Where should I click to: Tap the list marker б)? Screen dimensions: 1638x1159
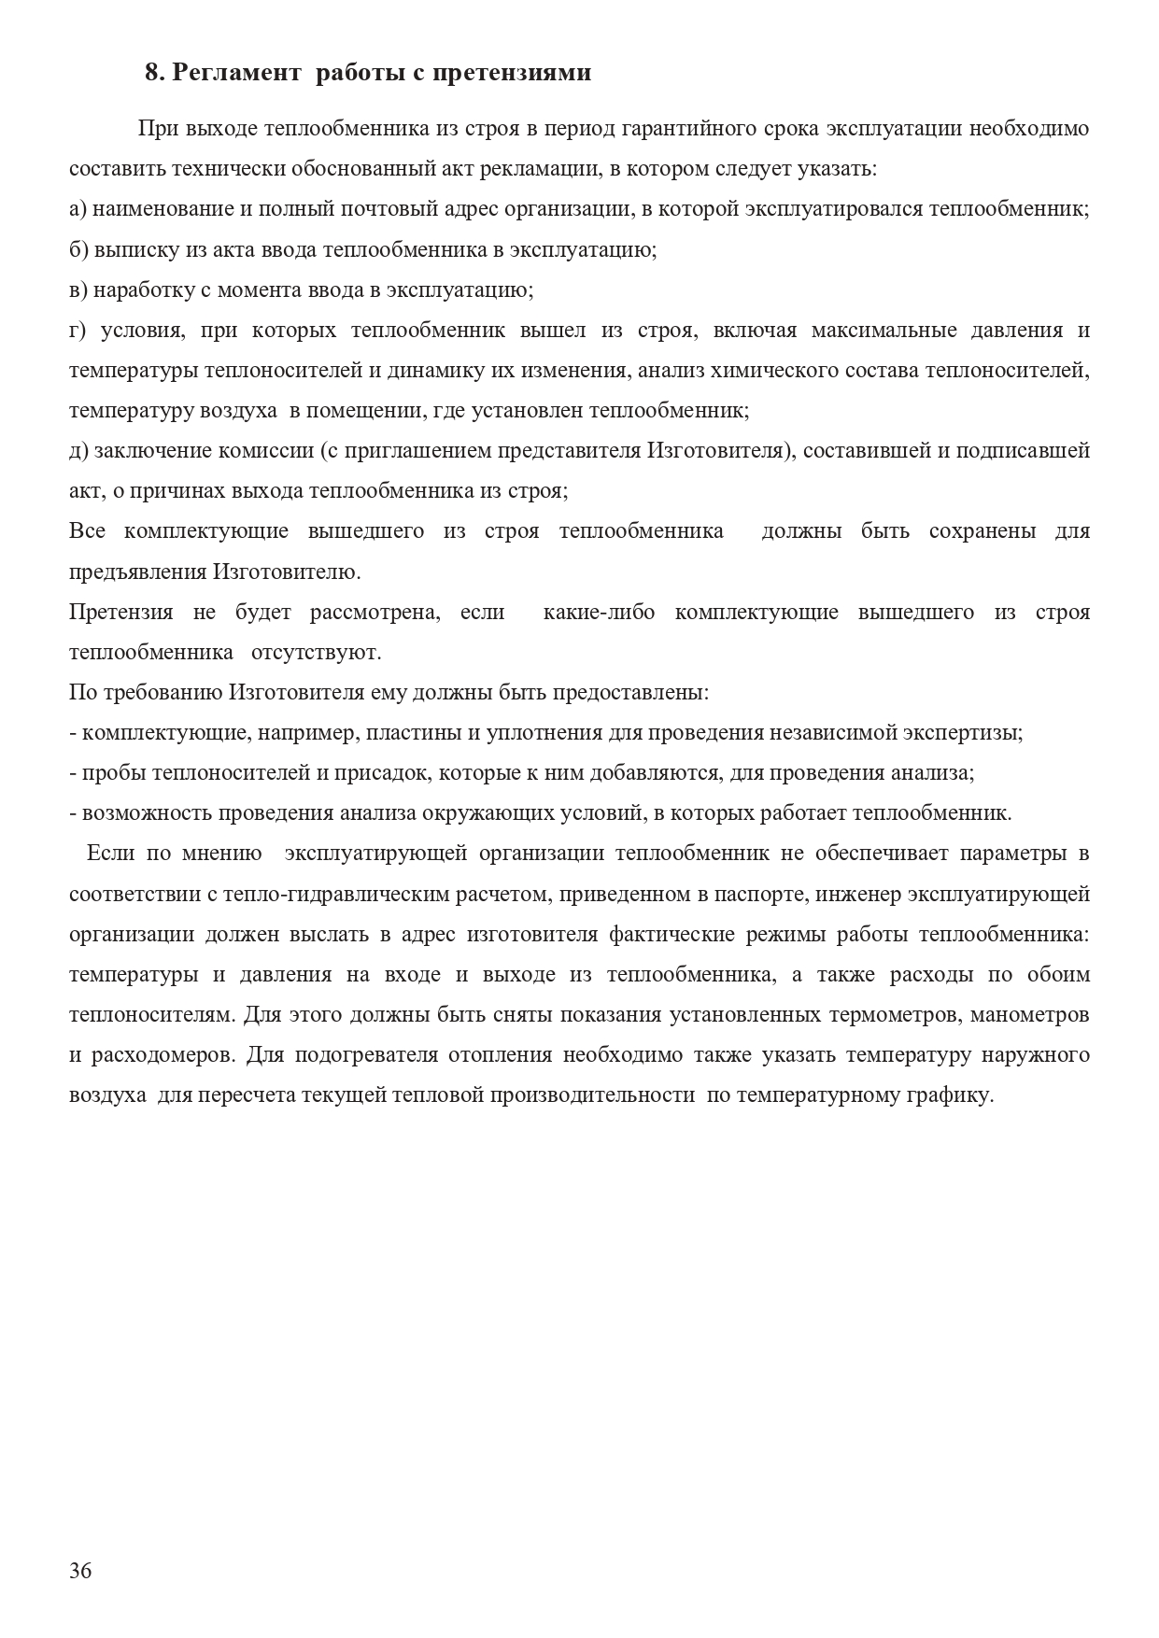pyautogui.click(x=79, y=249)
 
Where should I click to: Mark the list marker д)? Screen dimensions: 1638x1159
pyautogui.click(x=79, y=450)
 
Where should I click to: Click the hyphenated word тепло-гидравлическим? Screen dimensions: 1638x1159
pyautogui.click(x=338, y=894)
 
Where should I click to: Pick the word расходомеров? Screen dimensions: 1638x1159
pyautogui.click(x=162, y=1055)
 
